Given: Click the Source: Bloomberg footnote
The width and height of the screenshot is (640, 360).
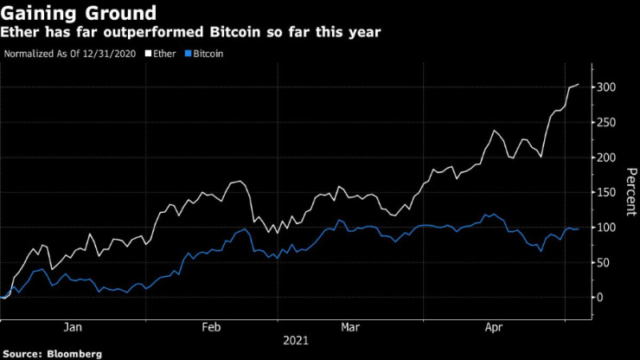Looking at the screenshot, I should click(x=52, y=353).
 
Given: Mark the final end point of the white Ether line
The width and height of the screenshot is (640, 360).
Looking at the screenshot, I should click(x=579, y=84).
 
